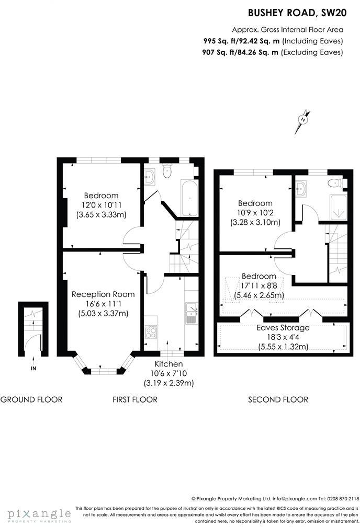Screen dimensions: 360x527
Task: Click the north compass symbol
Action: coord(303,121)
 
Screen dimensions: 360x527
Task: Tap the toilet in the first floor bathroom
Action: coord(166,170)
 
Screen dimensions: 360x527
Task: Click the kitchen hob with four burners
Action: coord(151,332)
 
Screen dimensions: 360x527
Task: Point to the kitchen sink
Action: coord(192,313)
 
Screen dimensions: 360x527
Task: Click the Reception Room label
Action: coord(103,294)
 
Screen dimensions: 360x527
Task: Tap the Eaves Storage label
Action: coord(283,328)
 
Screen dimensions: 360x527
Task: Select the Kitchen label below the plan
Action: coord(168,364)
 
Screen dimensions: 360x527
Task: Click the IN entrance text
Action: coord(33,369)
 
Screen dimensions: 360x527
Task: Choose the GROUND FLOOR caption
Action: coord(31,399)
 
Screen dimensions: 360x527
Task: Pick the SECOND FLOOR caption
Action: coord(278,399)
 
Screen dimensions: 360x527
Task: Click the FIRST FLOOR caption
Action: coord(135,399)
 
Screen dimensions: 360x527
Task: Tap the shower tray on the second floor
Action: coord(338,208)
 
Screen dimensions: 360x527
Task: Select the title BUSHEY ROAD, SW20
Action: coord(297,13)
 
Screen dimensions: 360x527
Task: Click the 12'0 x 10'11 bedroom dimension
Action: coord(102,205)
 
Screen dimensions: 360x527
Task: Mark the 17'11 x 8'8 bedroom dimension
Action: coord(259,286)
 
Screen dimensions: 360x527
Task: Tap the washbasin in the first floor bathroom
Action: coord(150,176)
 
